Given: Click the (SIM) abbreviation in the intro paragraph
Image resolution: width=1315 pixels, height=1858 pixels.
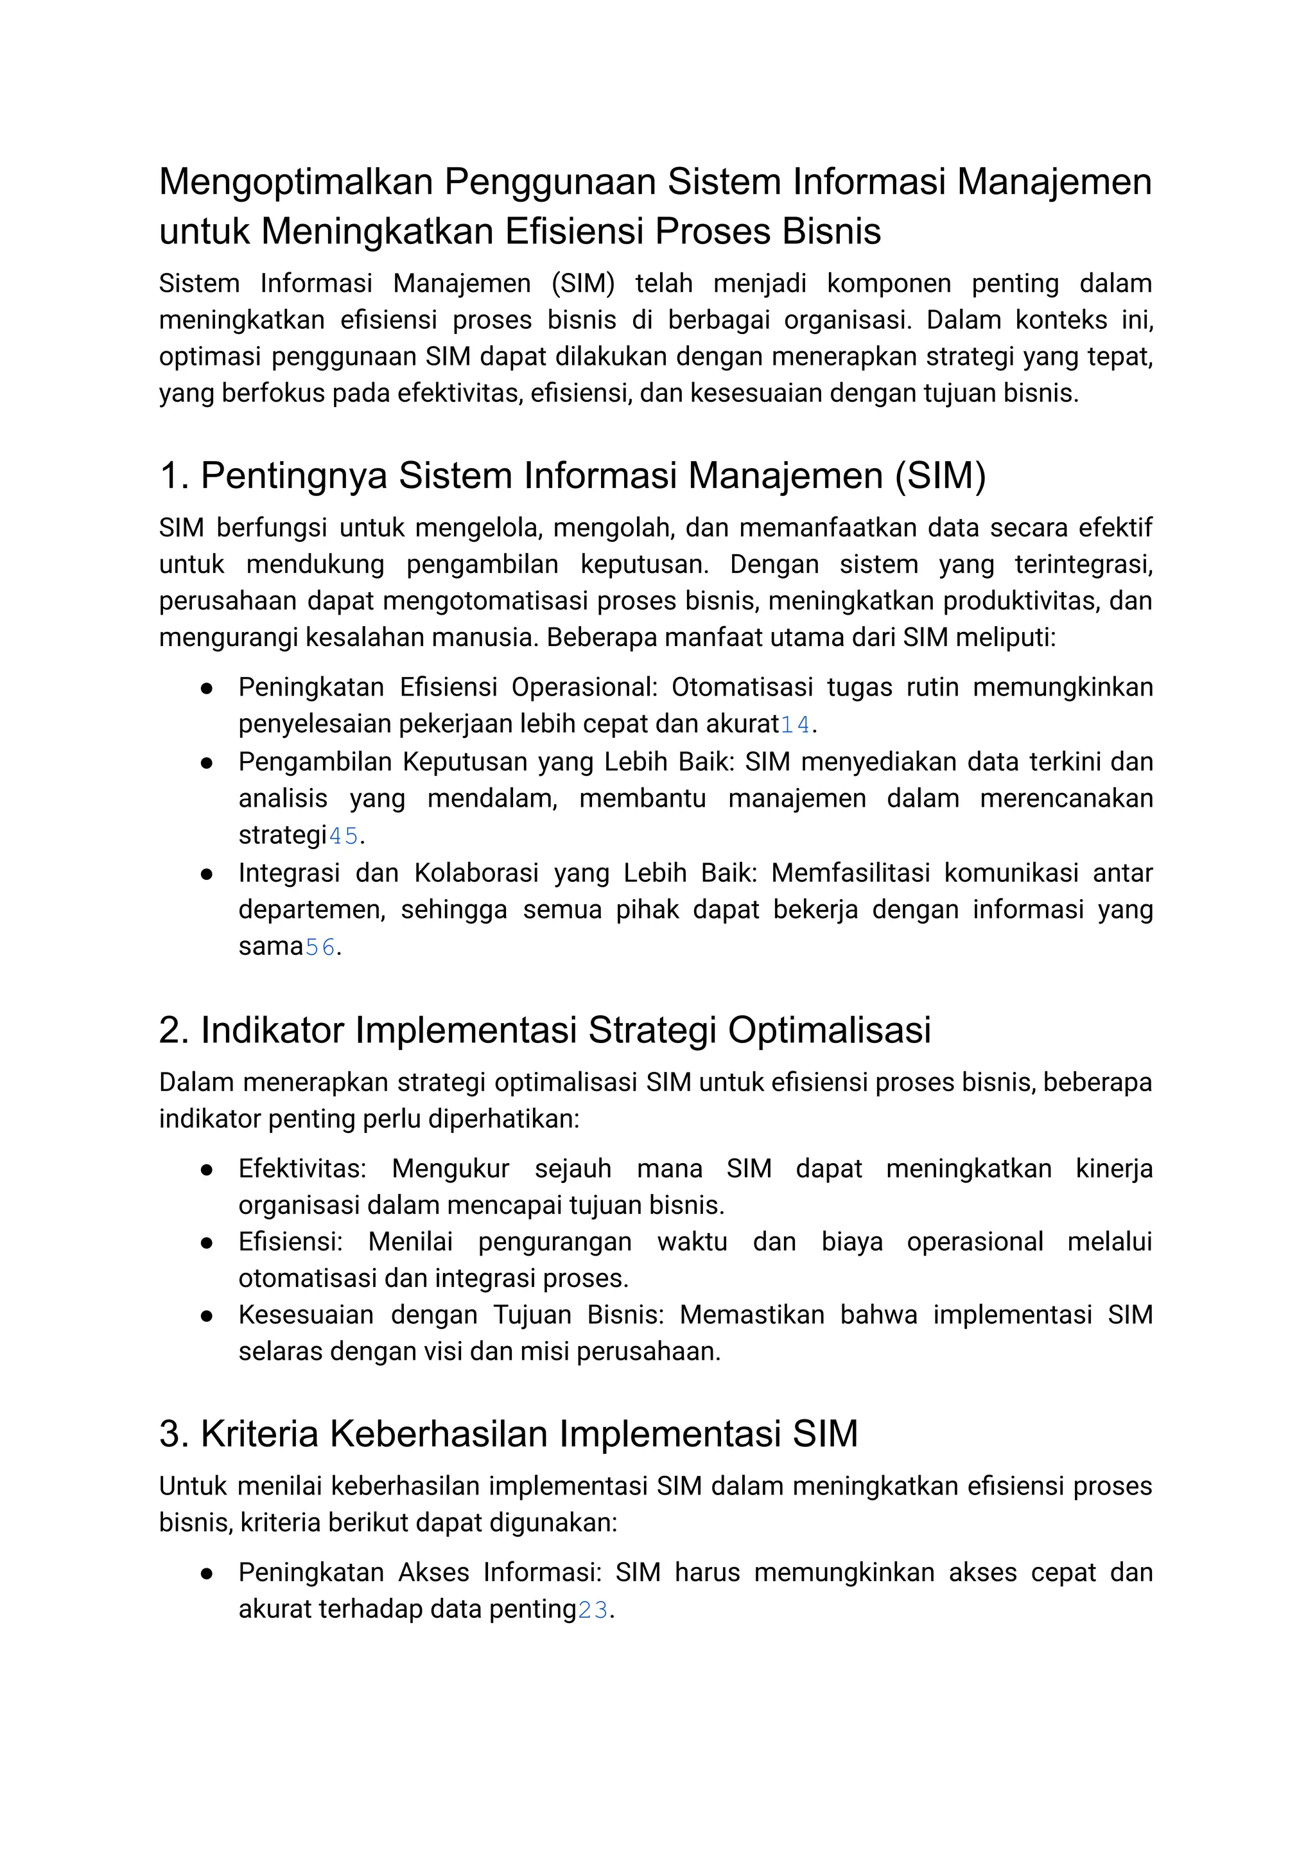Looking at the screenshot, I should tap(582, 283).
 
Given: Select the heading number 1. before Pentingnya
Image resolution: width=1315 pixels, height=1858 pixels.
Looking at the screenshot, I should tap(173, 475).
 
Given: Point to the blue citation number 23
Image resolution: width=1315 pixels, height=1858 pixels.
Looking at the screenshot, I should tap(593, 1609).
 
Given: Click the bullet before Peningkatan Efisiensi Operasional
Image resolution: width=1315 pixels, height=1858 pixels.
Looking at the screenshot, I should tap(207, 688).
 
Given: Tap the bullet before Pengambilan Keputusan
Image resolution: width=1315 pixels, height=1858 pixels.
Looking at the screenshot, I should tap(207, 763).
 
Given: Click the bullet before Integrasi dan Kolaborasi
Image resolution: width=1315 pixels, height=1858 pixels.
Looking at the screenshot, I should tap(207, 874).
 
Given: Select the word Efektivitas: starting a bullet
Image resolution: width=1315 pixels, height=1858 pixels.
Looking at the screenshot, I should tap(302, 1169).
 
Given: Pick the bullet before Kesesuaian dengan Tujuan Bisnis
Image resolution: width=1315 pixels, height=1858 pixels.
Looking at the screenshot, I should tap(207, 1316).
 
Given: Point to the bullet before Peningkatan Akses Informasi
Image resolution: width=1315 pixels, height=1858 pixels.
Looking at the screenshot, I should tap(207, 1573).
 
